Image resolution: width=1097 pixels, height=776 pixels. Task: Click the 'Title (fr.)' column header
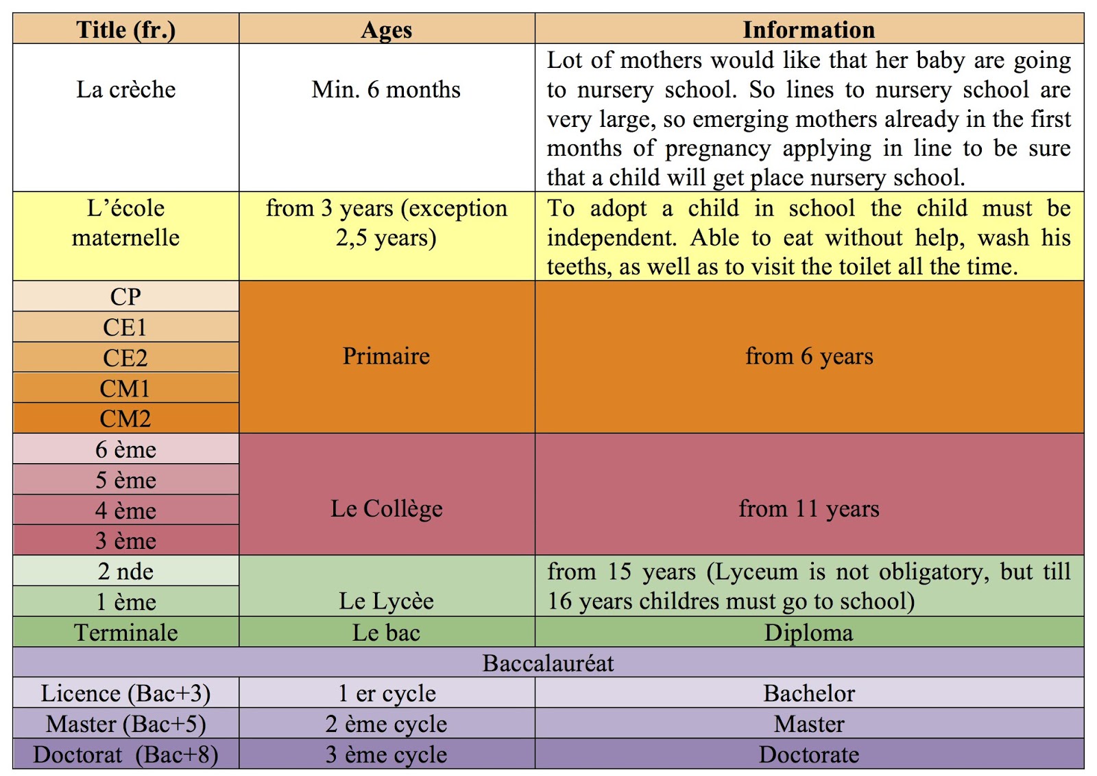[126, 30]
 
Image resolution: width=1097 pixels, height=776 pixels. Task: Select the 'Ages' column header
[387, 30]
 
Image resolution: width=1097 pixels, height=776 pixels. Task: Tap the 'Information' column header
[809, 30]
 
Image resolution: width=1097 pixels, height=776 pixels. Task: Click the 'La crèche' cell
[126, 89]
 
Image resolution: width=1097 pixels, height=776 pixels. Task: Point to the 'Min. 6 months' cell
[387, 89]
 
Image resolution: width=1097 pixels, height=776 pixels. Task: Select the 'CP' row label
[126, 296]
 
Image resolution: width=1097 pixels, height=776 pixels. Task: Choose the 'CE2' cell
[126, 357]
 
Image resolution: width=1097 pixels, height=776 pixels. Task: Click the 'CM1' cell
[126, 388]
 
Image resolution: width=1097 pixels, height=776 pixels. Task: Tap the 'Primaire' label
[387, 356]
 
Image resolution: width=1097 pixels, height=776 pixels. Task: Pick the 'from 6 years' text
[809, 356]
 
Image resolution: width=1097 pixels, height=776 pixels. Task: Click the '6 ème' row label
[126, 449]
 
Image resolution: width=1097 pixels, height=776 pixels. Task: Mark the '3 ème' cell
[126, 541]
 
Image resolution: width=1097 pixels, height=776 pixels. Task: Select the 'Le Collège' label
[387, 508]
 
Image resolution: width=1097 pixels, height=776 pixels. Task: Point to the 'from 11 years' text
[809, 508]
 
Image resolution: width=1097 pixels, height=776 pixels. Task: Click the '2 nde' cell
[126, 571]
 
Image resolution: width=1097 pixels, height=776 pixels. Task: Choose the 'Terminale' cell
[126, 632]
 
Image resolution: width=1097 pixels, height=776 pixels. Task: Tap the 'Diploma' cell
[809, 632]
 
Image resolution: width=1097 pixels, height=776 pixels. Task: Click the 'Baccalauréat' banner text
[548, 663]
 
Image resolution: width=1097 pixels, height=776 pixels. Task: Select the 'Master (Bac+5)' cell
[126, 724]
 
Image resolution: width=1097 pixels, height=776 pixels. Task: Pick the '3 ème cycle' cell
[387, 755]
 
